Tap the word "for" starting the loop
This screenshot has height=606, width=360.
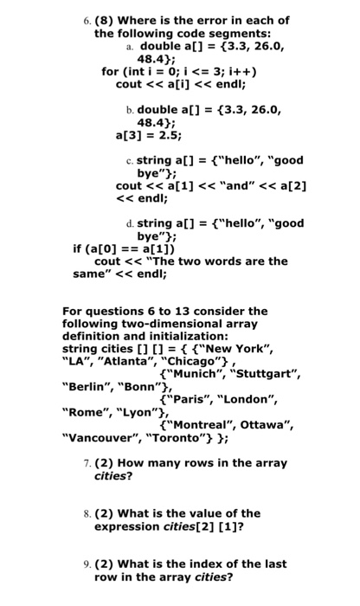tap(111, 72)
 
